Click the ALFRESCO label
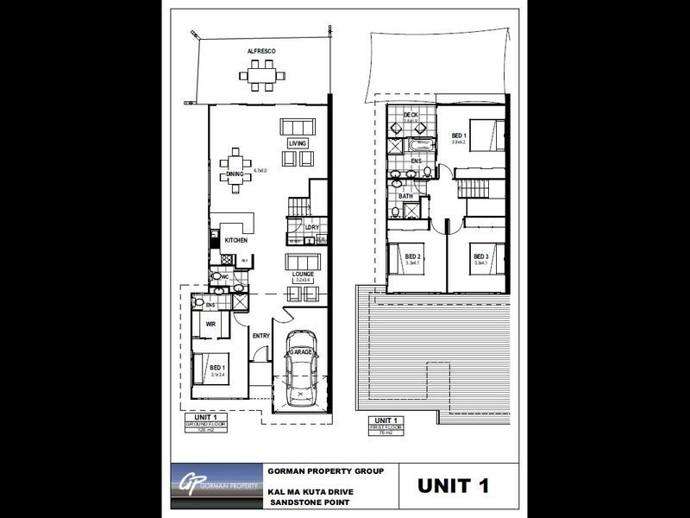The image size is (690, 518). coord(260,52)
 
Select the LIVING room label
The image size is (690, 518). coord(298,142)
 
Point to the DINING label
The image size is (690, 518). coord(235,174)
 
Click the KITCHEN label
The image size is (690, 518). coord(236,240)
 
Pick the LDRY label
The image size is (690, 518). coord(312,228)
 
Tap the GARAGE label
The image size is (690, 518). coord(302,353)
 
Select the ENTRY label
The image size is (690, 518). coord(262,336)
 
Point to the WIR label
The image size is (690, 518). coord(210,325)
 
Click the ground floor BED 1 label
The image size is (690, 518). coord(218,368)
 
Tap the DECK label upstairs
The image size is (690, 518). coord(398,115)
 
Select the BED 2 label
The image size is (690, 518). coord(412,256)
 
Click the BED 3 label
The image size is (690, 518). coord(480,256)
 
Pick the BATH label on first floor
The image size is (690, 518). coord(405,196)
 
